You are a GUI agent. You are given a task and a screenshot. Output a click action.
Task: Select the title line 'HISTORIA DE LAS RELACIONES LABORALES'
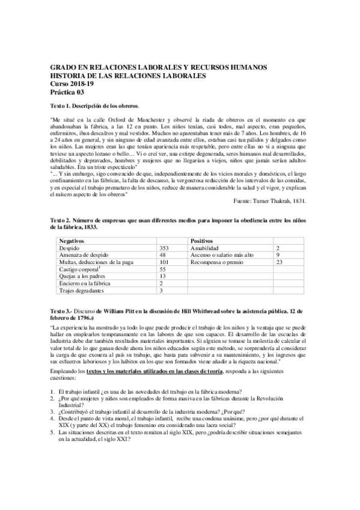(127, 76)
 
